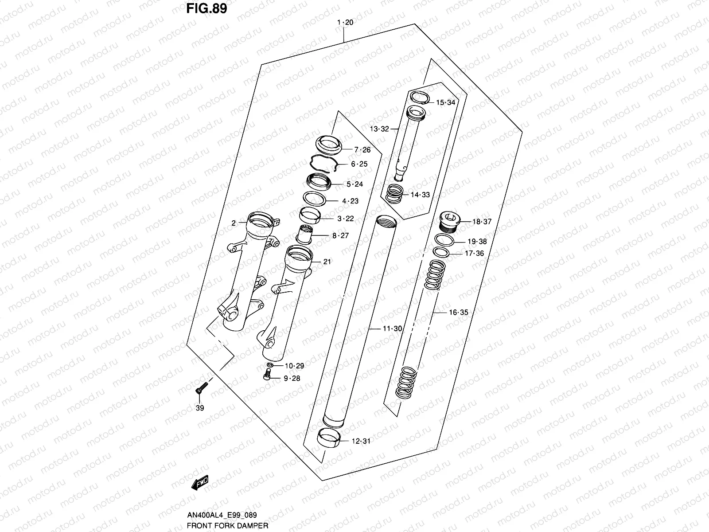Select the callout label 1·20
click(x=345, y=23)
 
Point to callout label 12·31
click(x=361, y=441)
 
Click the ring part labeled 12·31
click(x=329, y=438)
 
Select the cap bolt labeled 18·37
click(x=449, y=220)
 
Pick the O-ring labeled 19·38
click(x=444, y=240)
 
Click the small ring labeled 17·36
click(x=441, y=252)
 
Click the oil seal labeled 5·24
click(x=319, y=182)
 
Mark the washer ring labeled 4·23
click(x=315, y=198)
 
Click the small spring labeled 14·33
click(x=395, y=193)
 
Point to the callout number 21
click(x=327, y=262)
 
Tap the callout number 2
click(x=234, y=223)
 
